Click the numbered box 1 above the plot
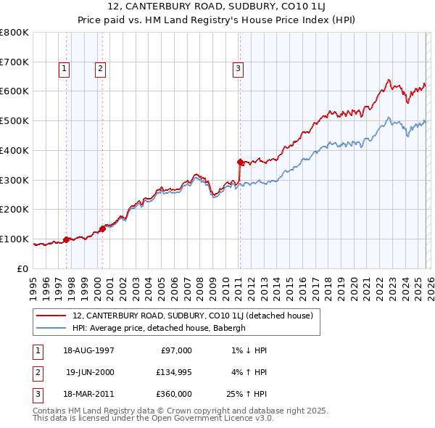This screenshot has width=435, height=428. (65, 69)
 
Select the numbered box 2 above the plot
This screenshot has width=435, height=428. (100, 69)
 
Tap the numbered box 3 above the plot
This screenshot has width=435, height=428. (238, 69)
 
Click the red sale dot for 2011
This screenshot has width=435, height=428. (240, 162)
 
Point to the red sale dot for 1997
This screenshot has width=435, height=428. (67, 239)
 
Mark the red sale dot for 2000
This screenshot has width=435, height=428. (102, 229)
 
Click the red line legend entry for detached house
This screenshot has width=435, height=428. (192, 316)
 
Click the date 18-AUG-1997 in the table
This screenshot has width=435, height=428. (89, 350)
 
